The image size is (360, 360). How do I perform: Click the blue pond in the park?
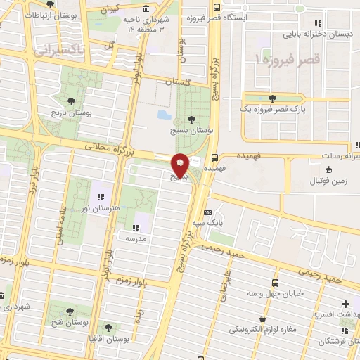coord(164,114)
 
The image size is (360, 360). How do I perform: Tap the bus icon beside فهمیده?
coord(214,158)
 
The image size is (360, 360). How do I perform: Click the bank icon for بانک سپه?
coord(207,212)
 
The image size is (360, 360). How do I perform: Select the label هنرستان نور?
coord(106,208)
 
